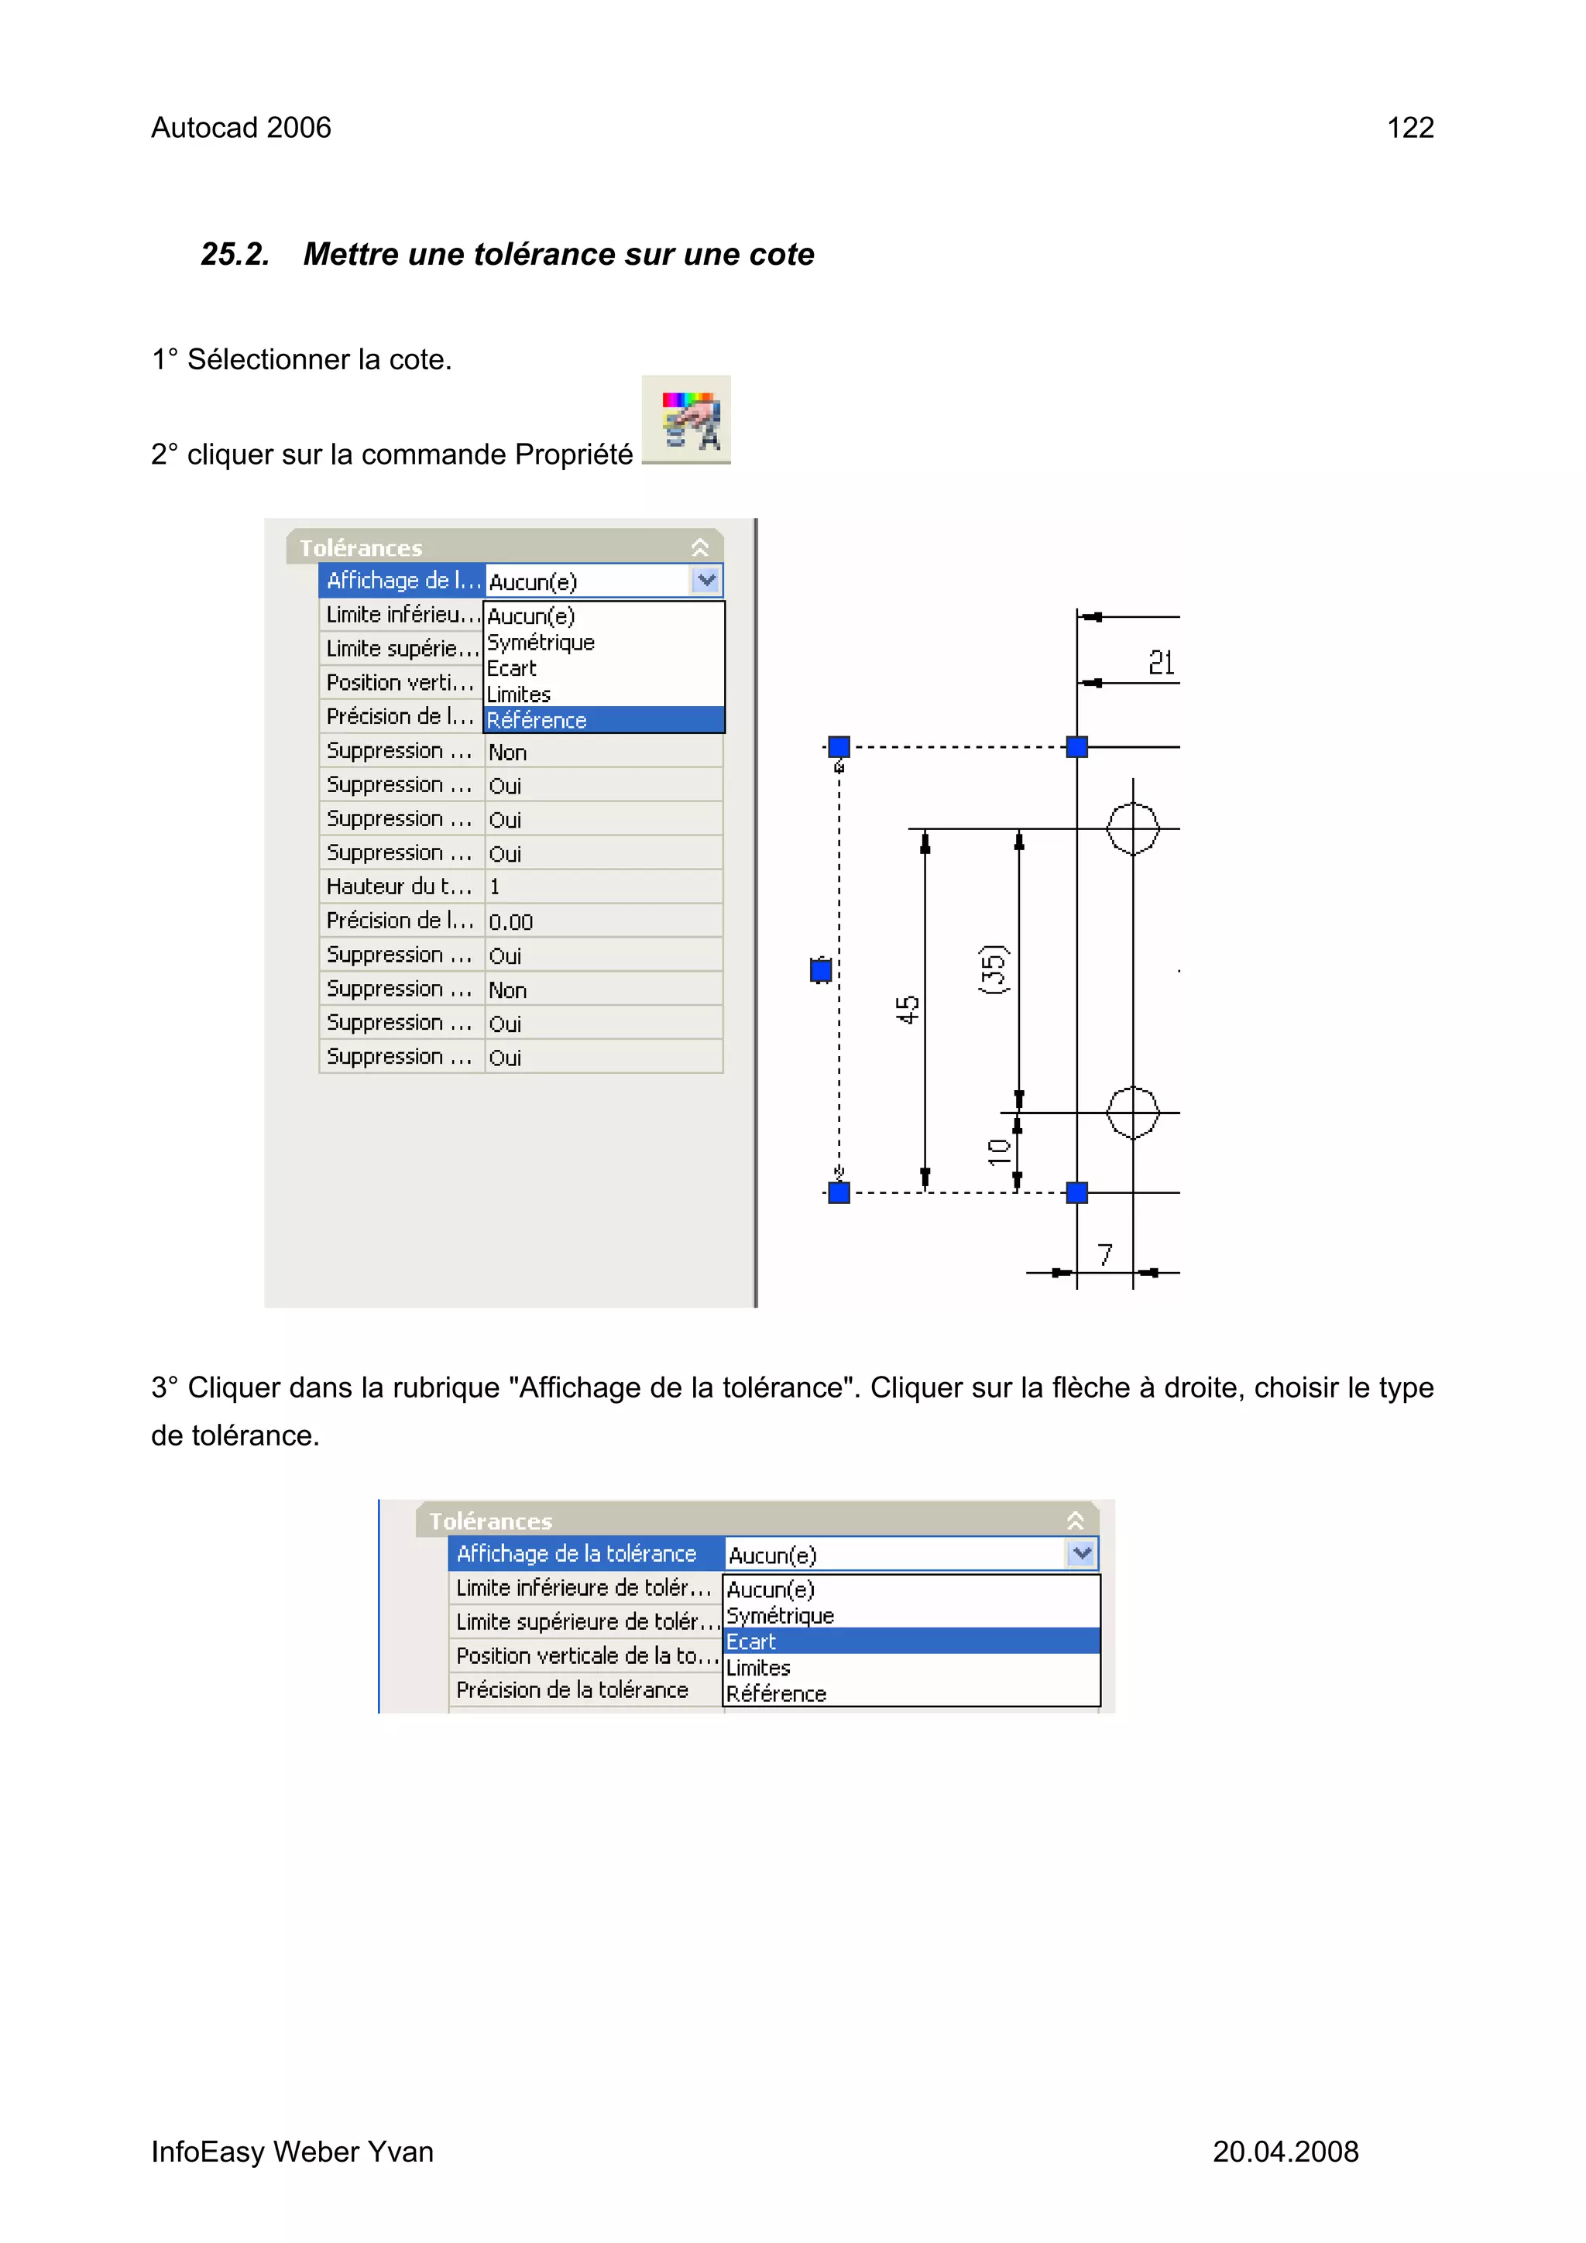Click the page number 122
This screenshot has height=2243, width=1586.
tap(1409, 128)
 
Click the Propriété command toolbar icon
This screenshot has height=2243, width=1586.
tap(686, 420)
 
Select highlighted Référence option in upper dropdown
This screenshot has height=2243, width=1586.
tap(604, 720)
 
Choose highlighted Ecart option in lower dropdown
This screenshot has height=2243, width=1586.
tap(911, 1641)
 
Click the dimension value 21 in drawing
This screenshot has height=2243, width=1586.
tap(1161, 664)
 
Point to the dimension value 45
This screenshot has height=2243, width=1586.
tap(908, 1009)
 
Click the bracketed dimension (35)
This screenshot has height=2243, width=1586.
tap(993, 969)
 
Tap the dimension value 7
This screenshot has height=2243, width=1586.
tap(1105, 1254)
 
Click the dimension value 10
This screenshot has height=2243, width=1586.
tap(997, 1152)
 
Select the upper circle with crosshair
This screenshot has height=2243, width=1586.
tap(1132, 828)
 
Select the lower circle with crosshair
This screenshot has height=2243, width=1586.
tap(1132, 1113)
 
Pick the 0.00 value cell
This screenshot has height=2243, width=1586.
tap(603, 921)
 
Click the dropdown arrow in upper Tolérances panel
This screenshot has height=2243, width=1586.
tap(706, 580)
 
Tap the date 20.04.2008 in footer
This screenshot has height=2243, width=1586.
tap(1285, 2151)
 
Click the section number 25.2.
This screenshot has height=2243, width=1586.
tap(235, 254)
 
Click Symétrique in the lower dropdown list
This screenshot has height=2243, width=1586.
tap(780, 1616)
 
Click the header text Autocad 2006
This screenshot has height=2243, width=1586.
tap(242, 128)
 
